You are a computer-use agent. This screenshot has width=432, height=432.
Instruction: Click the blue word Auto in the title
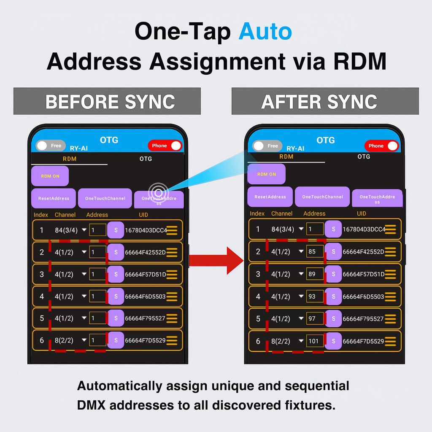point(265,31)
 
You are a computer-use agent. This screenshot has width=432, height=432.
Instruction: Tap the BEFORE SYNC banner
point(107,101)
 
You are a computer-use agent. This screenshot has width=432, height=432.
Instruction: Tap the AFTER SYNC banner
point(325,101)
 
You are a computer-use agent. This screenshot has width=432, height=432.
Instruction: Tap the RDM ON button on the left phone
point(50,176)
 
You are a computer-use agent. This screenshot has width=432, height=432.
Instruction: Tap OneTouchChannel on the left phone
point(105,198)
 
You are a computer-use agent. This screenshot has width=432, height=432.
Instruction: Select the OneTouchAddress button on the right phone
point(377,198)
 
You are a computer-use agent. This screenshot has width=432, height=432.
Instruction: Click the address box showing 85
point(315,251)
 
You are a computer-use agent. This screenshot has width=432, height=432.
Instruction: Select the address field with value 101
point(315,341)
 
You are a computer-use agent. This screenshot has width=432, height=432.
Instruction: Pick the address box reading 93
point(315,296)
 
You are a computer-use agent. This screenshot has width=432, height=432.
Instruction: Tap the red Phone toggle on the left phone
point(165,146)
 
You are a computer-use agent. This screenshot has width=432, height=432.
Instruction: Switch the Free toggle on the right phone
point(267,146)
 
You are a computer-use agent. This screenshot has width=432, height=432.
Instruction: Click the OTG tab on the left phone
point(146,159)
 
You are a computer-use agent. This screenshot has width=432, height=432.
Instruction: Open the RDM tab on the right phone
point(286,157)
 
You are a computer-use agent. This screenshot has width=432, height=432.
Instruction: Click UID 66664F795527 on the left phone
point(145,318)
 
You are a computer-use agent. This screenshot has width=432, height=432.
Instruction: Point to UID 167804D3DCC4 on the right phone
point(364,229)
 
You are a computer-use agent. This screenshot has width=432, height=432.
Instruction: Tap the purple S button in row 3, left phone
point(116,274)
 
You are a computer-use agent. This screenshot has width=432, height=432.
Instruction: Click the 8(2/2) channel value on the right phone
point(281,341)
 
